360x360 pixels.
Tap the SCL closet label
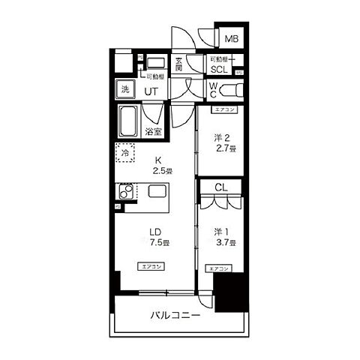pos(218,70)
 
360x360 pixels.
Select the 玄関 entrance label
pos(178,65)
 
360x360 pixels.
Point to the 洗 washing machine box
pos(125,89)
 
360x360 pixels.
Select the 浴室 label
pos(154,132)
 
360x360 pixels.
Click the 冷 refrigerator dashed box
pos(126,152)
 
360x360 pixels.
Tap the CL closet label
pos(221,187)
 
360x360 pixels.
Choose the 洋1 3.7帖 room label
pos(223,237)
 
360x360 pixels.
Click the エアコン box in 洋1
pos(218,268)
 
